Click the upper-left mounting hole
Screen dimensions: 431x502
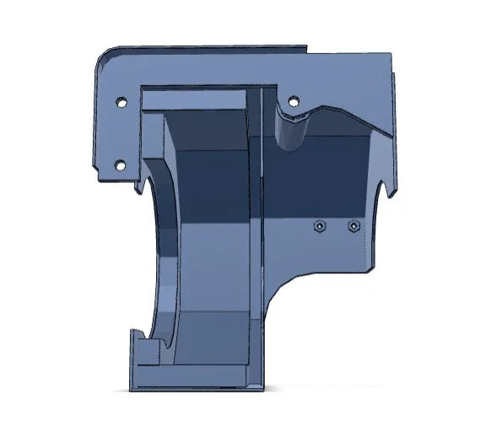[x=120, y=101]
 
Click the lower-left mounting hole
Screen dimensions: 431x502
[x=120, y=164]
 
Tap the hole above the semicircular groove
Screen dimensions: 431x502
[x=293, y=101]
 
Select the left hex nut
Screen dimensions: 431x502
[x=320, y=226]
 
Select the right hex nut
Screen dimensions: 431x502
[x=354, y=226]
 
